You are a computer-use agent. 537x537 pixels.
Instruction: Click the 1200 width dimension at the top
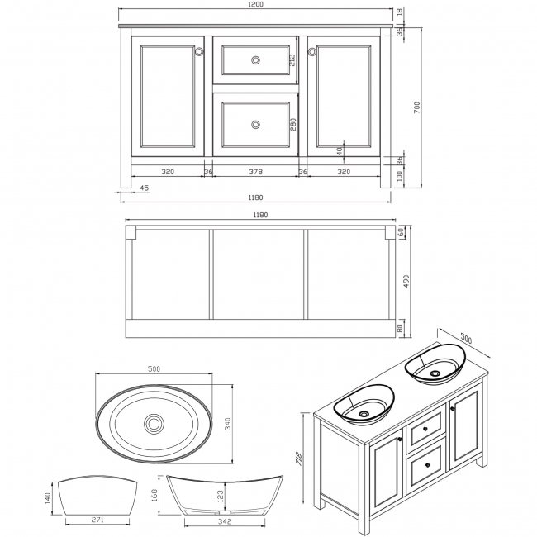pyautogui.click(x=255, y=5)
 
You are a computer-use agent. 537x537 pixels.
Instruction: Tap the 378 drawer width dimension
pyautogui.click(x=255, y=172)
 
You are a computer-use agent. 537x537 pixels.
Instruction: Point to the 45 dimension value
pyautogui.click(x=144, y=188)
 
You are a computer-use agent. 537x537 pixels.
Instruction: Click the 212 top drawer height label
pyautogui.click(x=292, y=59)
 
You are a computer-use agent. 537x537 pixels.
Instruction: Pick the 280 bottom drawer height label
pyautogui.click(x=292, y=124)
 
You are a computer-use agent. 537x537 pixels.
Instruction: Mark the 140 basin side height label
pyautogui.click(x=48, y=498)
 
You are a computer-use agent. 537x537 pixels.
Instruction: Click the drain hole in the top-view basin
pyautogui.click(x=154, y=424)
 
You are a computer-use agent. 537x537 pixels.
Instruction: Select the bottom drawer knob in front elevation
pyautogui.click(x=255, y=124)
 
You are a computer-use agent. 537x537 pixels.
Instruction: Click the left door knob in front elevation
pyautogui.click(x=199, y=52)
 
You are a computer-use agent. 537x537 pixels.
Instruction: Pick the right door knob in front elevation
pyautogui.click(x=312, y=52)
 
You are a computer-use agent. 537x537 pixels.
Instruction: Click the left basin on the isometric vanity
pyautogui.click(x=364, y=404)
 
